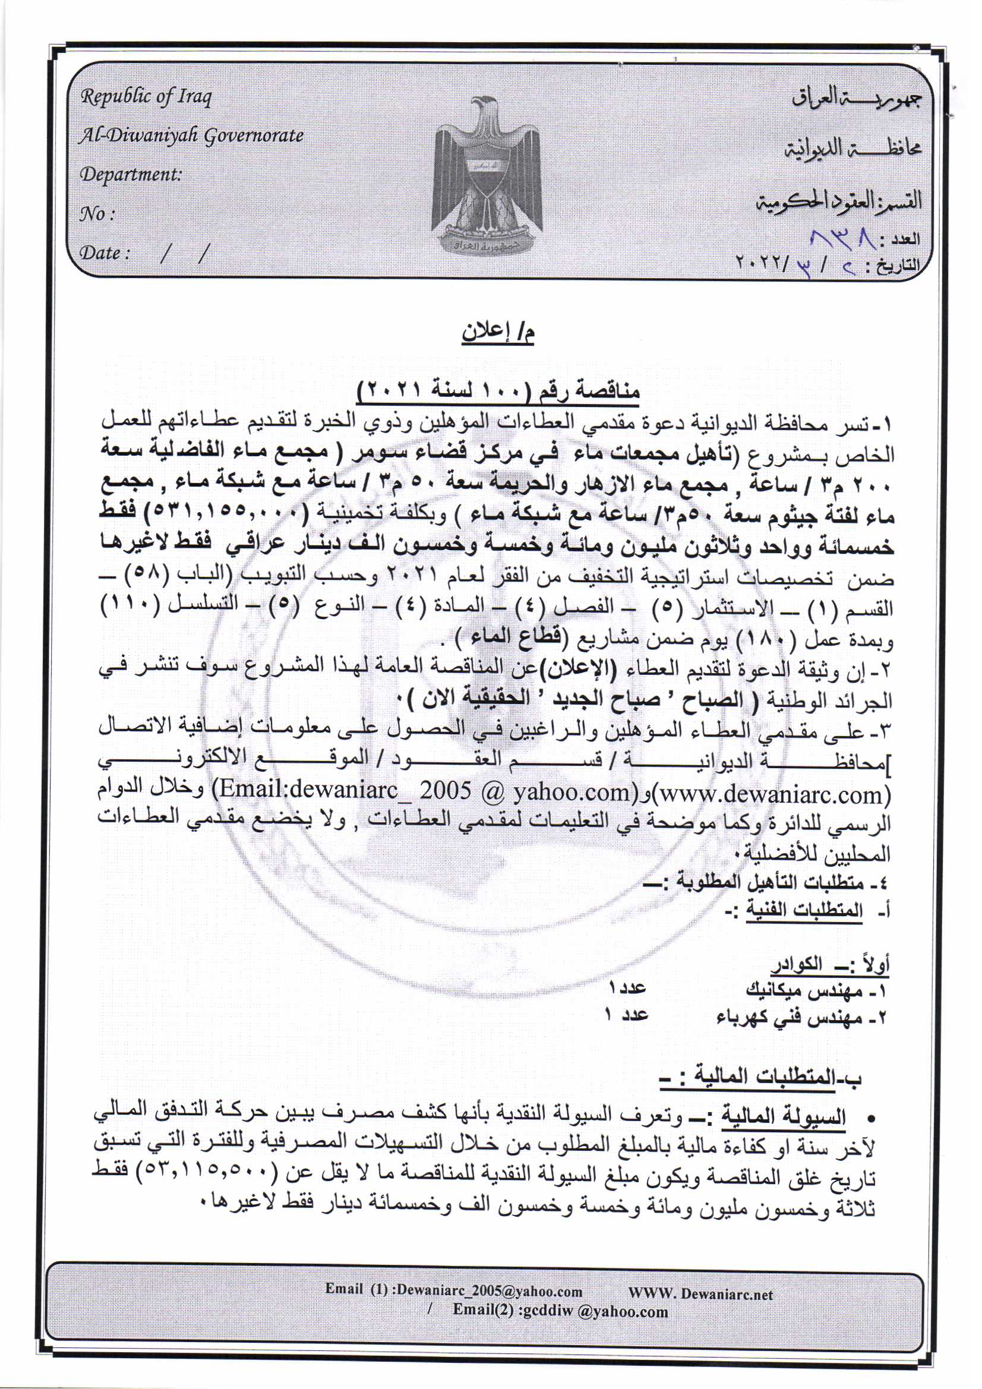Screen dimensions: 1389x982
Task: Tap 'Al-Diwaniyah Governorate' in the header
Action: [191, 135]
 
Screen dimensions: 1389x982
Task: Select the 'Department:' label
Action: [131, 174]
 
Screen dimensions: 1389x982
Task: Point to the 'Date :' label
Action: [105, 252]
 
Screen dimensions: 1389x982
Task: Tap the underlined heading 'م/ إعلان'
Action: [500, 333]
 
